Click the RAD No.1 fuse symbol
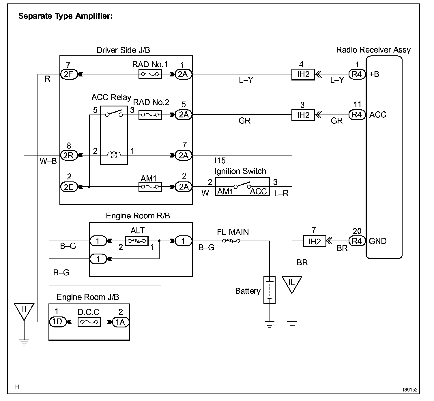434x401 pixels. (150, 74)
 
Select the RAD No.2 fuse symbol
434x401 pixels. (150, 115)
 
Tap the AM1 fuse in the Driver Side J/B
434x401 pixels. (150, 187)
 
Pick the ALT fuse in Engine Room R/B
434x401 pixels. (136, 241)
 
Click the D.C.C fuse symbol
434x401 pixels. (89, 322)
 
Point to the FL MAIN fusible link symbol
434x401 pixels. (231, 241)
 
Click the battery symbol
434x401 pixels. (270, 290)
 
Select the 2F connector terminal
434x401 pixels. (69, 74)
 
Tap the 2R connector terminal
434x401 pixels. (69, 155)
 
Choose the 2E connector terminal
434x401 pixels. (69, 187)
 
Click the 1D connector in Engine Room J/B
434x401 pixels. (58, 322)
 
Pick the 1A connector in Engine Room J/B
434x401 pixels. (121, 322)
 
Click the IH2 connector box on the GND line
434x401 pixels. (315, 241)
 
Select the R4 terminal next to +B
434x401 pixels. (357, 74)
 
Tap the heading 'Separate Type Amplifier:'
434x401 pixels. (65, 16)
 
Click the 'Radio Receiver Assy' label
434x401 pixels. (373, 50)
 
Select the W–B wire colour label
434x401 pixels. (48, 161)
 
